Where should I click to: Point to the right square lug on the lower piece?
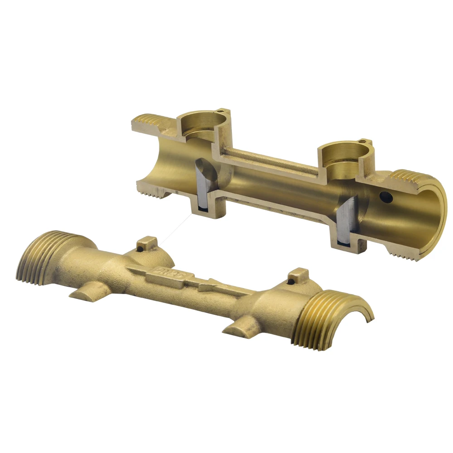[x=298, y=275]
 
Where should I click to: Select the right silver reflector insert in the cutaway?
[x=348, y=222]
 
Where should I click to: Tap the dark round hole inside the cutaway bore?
[x=386, y=197]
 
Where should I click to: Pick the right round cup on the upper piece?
[x=342, y=156]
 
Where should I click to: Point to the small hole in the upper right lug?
[x=363, y=141]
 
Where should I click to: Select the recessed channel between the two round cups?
[x=272, y=161]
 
